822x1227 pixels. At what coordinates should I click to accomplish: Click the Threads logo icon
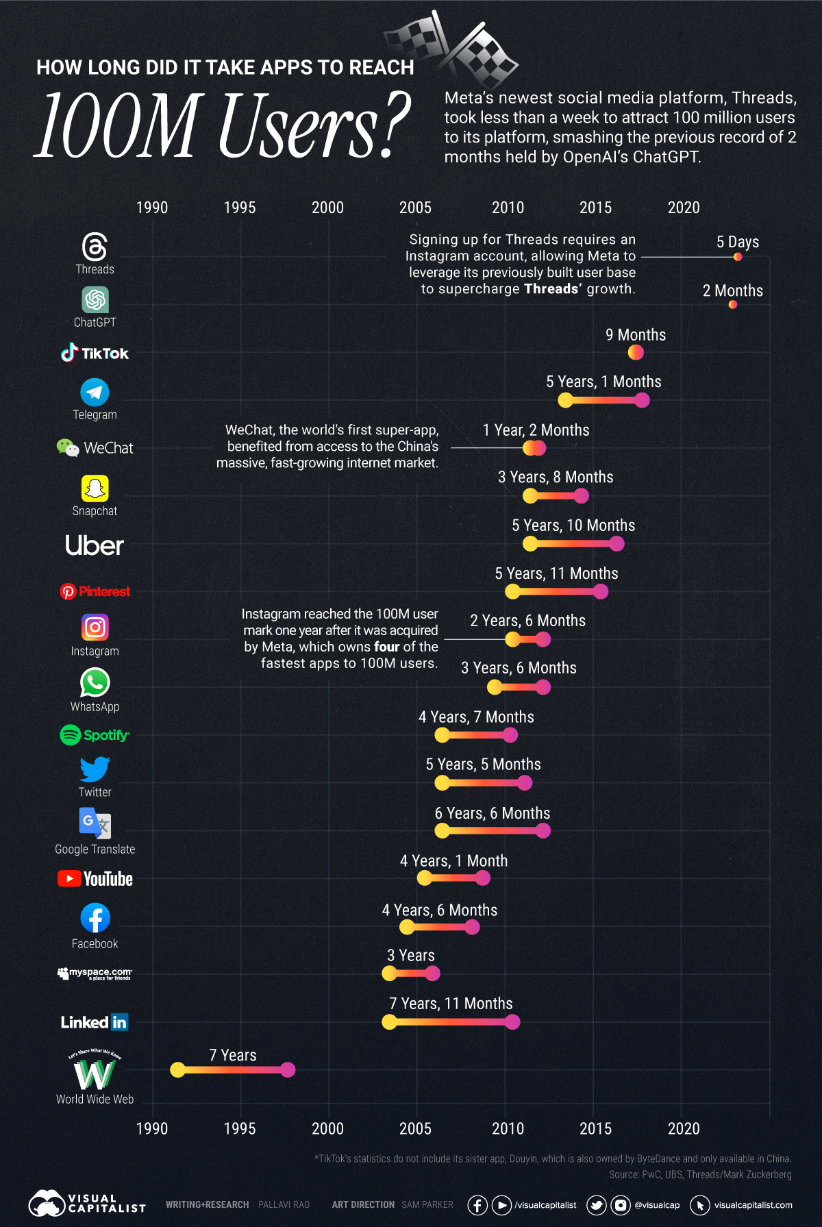coord(95,247)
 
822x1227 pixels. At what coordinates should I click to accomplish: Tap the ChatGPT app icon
coord(95,300)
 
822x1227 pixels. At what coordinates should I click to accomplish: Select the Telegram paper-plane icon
coord(95,393)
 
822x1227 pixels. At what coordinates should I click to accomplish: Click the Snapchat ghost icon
coord(95,488)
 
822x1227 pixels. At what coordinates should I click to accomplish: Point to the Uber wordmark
coord(95,545)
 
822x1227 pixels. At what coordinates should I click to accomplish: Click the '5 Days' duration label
coord(737,242)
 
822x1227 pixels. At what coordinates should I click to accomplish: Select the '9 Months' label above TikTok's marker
coord(635,335)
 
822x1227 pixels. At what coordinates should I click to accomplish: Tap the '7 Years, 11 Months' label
coord(451,1004)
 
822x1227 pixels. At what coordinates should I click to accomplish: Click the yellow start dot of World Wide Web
coord(177,1069)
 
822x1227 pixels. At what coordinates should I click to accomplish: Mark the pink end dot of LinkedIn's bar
coord(512,1022)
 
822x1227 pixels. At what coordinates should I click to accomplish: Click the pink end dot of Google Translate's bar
coord(543,831)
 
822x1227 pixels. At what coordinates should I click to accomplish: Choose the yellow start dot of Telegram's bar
coord(565,400)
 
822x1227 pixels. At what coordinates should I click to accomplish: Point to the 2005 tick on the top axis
coord(415,208)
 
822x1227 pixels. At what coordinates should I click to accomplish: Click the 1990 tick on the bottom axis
coord(151,1128)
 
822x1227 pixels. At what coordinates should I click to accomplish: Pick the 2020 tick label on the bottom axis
coord(683,1128)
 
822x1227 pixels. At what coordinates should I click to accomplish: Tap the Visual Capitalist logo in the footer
coord(87,1204)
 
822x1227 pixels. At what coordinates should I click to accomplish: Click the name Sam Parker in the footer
coord(427,1204)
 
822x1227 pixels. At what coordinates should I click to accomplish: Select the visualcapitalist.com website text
coord(753,1204)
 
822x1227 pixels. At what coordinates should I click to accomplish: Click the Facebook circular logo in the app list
coord(95,918)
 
